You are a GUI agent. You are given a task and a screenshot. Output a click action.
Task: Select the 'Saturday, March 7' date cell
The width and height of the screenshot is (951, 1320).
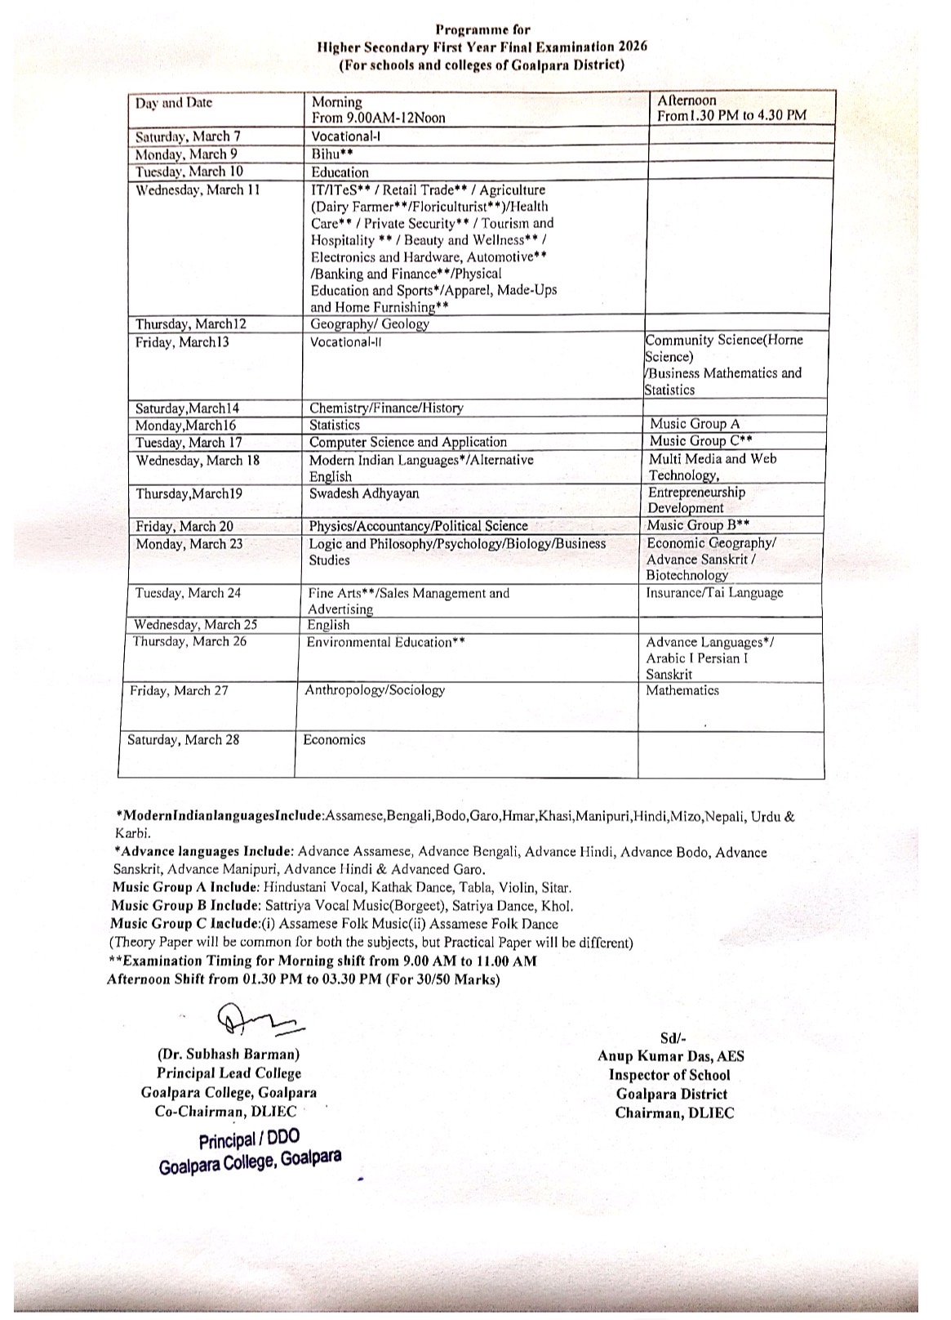(x=188, y=137)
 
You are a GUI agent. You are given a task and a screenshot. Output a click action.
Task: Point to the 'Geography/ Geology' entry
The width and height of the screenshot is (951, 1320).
(x=370, y=324)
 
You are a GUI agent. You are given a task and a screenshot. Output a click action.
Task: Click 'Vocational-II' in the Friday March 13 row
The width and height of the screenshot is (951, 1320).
(x=345, y=342)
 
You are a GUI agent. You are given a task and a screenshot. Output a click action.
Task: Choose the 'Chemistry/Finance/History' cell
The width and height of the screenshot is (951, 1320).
(x=386, y=408)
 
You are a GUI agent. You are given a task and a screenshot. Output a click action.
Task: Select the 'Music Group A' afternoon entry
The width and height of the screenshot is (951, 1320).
(x=695, y=424)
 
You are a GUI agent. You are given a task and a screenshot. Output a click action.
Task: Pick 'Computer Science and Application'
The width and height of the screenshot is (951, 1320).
(x=408, y=442)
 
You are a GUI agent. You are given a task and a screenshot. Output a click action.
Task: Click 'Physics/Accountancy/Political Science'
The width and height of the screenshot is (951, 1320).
(x=418, y=526)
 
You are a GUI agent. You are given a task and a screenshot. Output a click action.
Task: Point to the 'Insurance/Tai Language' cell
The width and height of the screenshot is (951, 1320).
(x=714, y=593)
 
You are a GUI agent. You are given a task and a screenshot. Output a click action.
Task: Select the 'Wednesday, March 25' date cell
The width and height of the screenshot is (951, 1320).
(x=196, y=625)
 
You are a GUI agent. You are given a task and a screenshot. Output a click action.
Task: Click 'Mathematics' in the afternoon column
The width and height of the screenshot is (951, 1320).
(x=682, y=690)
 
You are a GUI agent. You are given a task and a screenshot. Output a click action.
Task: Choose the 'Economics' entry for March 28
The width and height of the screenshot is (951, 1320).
(x=334, y=740)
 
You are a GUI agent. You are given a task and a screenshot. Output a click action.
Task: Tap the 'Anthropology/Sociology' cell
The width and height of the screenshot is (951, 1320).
(x=375, y=690)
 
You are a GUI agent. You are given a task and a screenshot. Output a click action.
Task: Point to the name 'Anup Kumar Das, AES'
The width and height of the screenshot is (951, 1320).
(x=671, y=1056)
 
